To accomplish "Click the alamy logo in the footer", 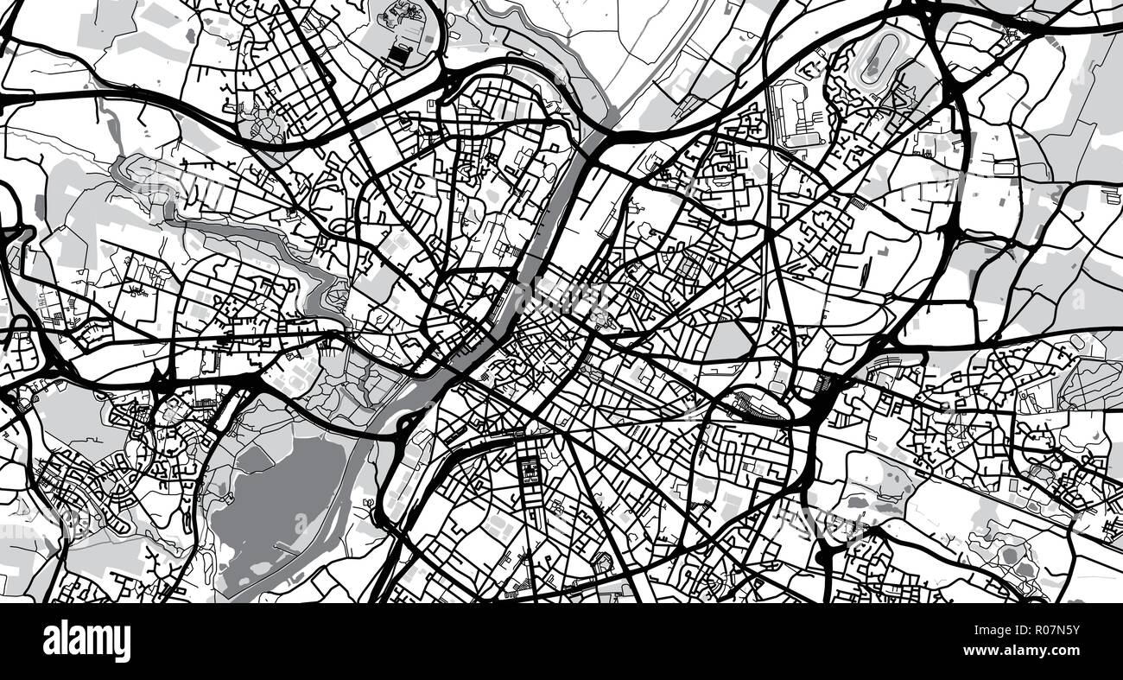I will click(x=86, y=642).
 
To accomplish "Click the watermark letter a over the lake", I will click(x=300, y=524).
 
